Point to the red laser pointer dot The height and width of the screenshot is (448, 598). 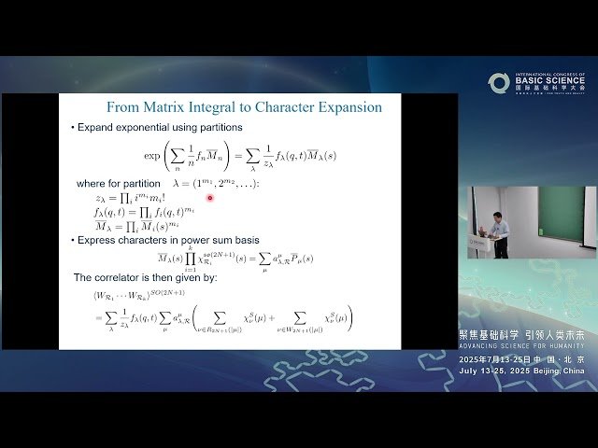tap(210, 197)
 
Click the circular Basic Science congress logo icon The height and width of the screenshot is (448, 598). tap(499, 84)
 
